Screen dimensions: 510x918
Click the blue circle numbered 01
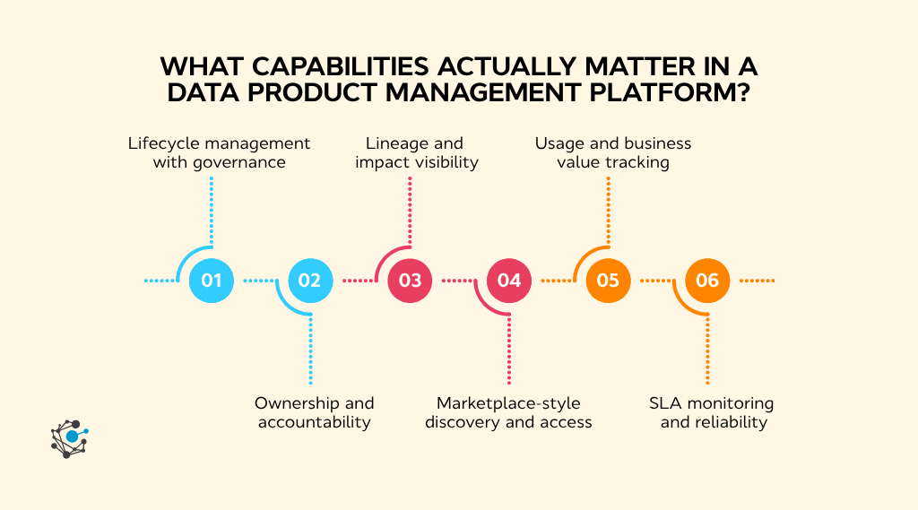(x=212, y=281)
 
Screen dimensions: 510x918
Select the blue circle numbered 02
(x=310, y=281)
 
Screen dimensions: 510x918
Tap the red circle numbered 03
(x=410, y=281)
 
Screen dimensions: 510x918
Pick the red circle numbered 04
(x=509, y=281)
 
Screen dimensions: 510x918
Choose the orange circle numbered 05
(x=608, y=281)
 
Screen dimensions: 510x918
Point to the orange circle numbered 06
(x=707, y=281)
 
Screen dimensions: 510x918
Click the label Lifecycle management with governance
(x=219, y=152)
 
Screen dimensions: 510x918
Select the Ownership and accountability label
(x=314, y=412)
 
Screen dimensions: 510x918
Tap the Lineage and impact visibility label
(x=416, y=152)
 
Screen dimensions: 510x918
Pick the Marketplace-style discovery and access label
(x=508, y=412)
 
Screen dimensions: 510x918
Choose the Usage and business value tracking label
(x=613, y=152)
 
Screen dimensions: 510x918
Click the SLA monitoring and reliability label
(x=712, y=412)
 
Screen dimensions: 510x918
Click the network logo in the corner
(x=69, y=438)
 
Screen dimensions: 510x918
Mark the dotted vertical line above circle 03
(x=410, y=211)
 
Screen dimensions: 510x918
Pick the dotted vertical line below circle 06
(x=707, y=350)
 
